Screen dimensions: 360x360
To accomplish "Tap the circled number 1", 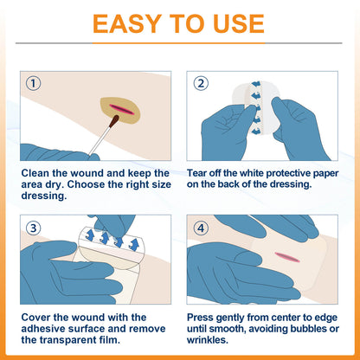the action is (34, 84).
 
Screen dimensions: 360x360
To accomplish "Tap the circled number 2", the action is (201, 84).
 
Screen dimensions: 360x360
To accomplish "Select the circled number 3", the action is (34, 228).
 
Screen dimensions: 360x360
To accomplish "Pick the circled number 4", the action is (201, 228).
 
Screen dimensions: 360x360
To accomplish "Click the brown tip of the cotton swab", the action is (114, 120).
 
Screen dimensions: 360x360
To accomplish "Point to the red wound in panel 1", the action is (122, 110).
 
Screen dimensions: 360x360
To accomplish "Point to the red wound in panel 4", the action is (287, 257).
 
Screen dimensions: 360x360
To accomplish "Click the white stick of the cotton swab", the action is (99, 141).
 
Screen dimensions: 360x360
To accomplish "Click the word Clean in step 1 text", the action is (35, 173).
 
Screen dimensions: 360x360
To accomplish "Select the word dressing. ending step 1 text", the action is (44, 196).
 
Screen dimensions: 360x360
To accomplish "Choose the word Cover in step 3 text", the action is (35, 318).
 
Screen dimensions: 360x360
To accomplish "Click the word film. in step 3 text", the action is (110, 340).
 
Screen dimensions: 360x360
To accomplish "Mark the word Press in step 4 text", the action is (200, 318).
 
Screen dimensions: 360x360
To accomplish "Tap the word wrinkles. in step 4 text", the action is (208, 340).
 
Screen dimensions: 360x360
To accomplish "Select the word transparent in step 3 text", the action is (68, 340).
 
